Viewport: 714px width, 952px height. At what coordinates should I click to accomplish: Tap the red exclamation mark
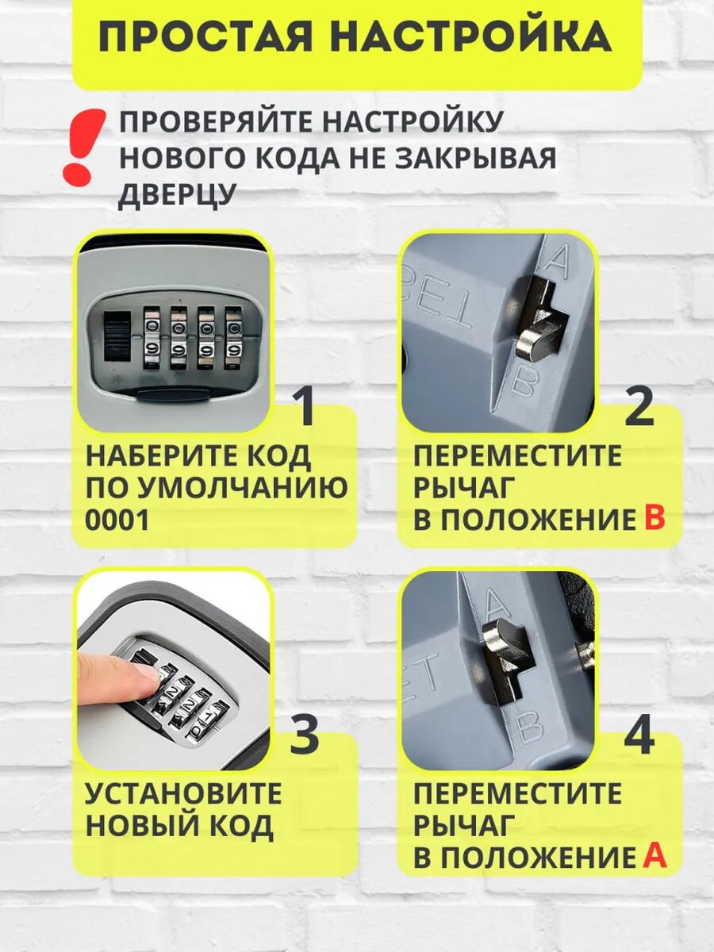click(83, 147)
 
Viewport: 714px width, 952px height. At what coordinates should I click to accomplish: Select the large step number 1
click(304, 407)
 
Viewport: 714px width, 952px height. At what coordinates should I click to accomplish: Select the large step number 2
click(639, 407)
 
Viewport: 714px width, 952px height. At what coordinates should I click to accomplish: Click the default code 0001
click(117, 520)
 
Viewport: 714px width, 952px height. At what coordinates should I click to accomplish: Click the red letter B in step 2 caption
click(653, 520)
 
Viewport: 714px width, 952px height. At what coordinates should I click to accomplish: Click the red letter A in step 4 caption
click(653, 857)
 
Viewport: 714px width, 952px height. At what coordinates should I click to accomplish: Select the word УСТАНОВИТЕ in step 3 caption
click(183, 793)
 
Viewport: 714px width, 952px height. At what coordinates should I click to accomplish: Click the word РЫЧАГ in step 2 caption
click(465, 488)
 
